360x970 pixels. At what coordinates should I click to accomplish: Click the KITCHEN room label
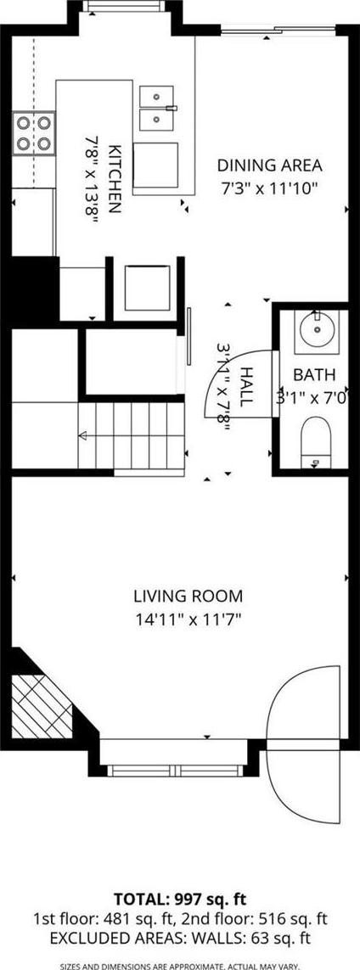click(x=115, y=179)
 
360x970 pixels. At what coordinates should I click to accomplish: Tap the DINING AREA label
click(x=269, y=165)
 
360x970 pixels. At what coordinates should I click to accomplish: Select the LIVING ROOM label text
click(x=188, y=597)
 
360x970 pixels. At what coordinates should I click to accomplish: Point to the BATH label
click(x=314, y=375)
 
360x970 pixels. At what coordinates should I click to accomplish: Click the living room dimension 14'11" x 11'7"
click(x=188, y=618)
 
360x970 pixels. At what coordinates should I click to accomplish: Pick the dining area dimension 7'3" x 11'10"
click(x=269, y=188)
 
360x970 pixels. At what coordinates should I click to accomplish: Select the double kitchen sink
click(x=156, y=109)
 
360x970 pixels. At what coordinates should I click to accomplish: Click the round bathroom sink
click(x=316, y=332)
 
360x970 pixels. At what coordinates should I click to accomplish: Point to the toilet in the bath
click(x=316, y=441)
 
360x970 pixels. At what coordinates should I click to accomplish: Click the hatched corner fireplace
click(x=42, y=705)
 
